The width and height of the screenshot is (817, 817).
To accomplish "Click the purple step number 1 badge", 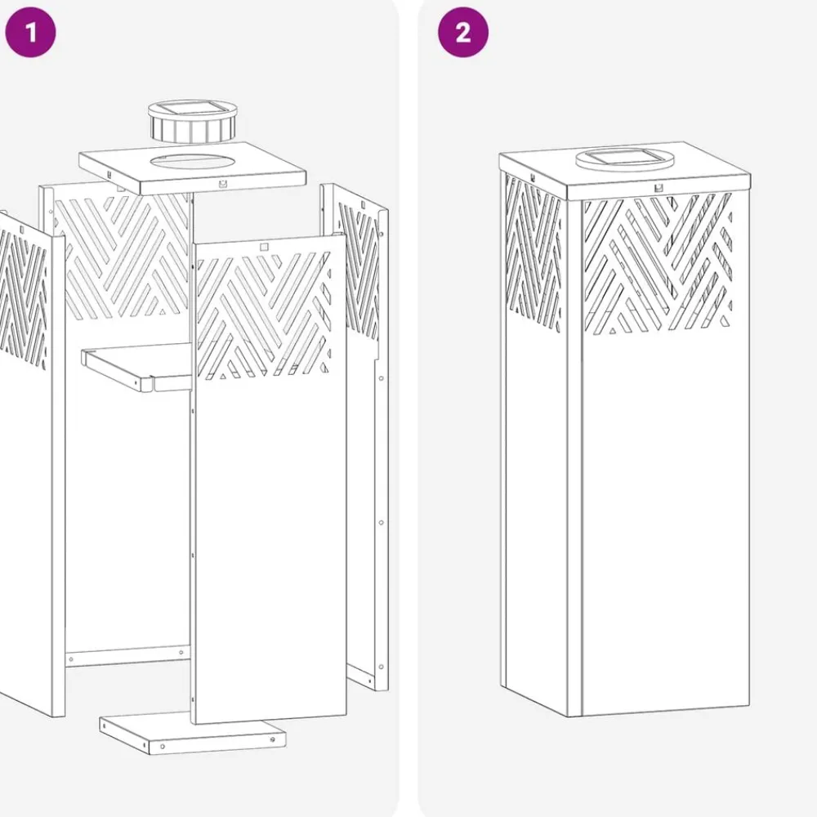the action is click(30, 32).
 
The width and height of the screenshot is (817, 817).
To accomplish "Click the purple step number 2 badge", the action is click(462, 32).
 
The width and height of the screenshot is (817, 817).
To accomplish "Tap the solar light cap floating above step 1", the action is click(192, 122).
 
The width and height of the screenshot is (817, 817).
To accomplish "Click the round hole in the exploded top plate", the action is click(192, 161).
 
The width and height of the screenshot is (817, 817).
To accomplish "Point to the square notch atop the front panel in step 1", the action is click(264, 247).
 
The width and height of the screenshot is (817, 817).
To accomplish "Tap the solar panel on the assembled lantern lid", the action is click(623, 155).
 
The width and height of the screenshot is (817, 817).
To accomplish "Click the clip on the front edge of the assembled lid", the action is click(659, 187).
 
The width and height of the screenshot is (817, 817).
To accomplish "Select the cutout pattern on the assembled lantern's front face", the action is click(658, 264).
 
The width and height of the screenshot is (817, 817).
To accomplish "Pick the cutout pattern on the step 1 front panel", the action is click(264, 315).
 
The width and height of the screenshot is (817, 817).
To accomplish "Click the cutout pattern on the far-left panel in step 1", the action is click(24, 298).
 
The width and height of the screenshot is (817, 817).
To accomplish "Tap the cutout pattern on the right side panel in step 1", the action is click(359, 271).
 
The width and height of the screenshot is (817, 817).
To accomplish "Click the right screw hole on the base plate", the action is click(273, 739).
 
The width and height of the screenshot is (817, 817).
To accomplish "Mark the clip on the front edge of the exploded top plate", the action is click(223, 183).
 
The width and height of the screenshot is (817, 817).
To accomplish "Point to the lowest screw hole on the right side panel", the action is click(381, 667).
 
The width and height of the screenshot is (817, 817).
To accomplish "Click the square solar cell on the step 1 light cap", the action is click(190, 109).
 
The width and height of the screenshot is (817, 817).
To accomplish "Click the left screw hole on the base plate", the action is click(163, 747).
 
